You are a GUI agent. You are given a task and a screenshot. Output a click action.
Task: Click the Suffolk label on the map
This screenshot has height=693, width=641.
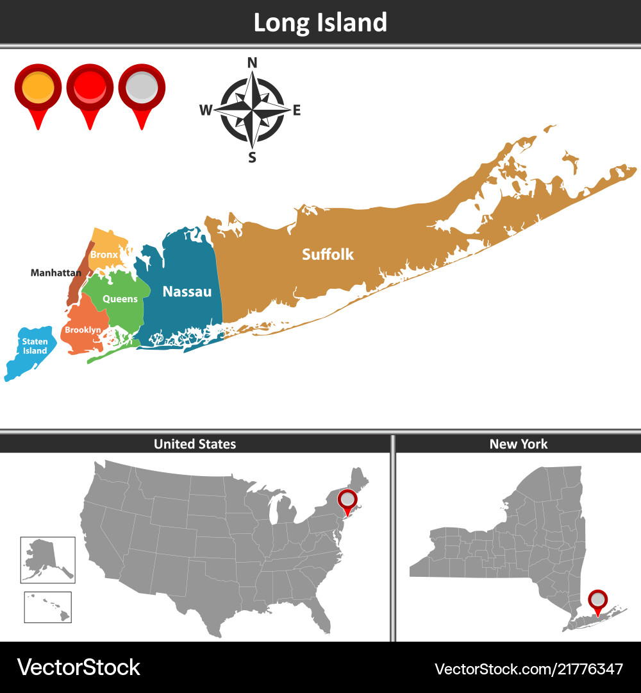[x=328, y=254]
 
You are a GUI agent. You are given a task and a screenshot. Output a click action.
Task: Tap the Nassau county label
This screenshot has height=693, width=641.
[x=187, y=291]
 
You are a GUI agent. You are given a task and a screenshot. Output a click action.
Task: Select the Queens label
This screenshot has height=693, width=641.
[x=120, y=299]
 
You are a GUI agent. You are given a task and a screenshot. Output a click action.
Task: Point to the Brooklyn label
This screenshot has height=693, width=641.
[x=83, y=330]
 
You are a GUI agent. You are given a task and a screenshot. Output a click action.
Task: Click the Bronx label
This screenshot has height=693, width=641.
[x=104, y=255]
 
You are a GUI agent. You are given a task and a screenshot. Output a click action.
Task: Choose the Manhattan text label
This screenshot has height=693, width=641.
[x=56, y=273]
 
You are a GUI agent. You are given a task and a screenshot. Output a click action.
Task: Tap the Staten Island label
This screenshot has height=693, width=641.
[x=35, y=346]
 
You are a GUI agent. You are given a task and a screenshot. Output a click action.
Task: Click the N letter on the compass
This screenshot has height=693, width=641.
[x=252, y=62]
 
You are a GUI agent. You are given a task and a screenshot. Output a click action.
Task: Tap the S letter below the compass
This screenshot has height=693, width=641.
[x=252, y=158]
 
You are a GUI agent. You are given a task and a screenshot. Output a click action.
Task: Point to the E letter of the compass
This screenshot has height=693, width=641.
[x=297, y=110]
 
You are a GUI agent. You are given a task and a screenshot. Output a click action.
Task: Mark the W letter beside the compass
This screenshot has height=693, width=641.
[x=205, y=110]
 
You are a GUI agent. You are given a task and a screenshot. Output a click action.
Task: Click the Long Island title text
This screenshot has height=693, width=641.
[x=320, y=22]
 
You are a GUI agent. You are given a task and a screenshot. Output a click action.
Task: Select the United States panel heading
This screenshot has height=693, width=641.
[x=195, y=444]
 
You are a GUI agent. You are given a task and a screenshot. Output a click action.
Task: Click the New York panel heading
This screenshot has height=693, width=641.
[x=519, y=444]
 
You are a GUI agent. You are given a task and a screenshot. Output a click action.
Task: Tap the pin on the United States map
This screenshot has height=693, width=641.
[x=347, y=499]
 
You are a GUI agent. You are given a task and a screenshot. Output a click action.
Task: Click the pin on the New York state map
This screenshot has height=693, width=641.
[x=598, y=600]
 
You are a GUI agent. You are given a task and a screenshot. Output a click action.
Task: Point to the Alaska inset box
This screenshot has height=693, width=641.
[x=48, y=560]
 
